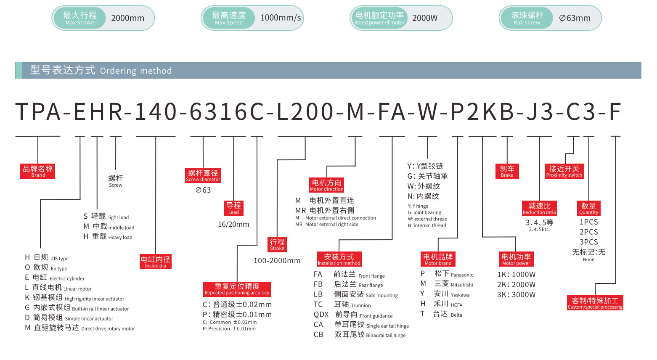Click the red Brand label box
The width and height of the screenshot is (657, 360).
[38, 171]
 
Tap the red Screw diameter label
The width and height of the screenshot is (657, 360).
[203, 175]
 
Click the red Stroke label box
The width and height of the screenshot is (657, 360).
[277, 244]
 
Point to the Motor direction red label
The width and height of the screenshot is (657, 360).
[327, 185]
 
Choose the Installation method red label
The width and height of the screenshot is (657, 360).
[339, 259]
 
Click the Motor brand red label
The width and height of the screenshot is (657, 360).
[438, 259]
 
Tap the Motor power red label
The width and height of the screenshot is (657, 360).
[516, 259]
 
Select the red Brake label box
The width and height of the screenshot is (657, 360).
[507, 171]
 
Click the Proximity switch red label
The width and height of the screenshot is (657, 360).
[564, 171]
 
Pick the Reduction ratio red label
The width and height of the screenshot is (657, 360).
[539, 208]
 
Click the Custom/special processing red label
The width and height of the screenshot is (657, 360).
[595, 303]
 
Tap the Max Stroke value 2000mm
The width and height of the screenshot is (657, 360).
[127, 18]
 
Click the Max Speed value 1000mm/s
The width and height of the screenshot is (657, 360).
[281, 18]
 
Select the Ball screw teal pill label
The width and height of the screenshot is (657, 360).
[527, 18]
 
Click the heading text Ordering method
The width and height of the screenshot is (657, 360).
[135, 71]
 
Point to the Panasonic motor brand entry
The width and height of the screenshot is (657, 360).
[453, 274]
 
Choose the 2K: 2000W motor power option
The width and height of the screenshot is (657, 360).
[516, 285]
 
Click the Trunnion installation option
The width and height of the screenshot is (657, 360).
[352, 304]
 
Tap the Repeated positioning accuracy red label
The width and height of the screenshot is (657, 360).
[237, 289]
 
